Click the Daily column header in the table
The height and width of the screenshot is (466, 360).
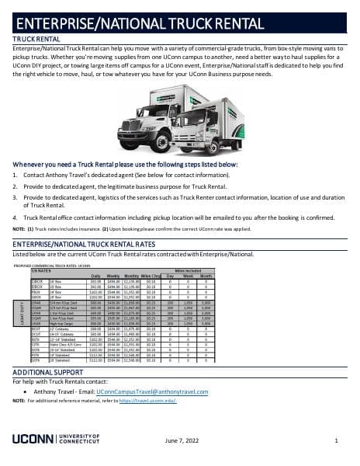pos(95,276)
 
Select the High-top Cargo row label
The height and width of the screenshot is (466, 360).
pos(62,322)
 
